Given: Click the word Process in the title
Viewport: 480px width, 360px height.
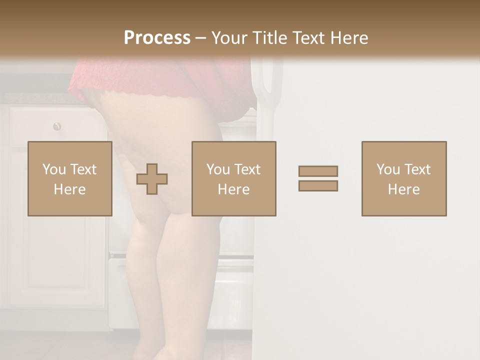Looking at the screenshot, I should click(157, 37).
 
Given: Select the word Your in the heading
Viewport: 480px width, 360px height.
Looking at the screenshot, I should click(229, 38).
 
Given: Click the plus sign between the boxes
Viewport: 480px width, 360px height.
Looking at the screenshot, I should click(152, 179).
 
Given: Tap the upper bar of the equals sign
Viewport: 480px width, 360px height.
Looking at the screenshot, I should click(318, 171).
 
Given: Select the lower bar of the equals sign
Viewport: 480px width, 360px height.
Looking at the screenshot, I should click(318, 186).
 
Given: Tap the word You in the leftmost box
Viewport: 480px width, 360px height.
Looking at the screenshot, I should click(54, 169).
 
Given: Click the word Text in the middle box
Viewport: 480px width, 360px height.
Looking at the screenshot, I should click(247, 169).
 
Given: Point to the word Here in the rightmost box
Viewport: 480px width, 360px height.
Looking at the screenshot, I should click(404, 189).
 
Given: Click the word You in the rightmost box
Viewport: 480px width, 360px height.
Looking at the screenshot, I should click(388, 169).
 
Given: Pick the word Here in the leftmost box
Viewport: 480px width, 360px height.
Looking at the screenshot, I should click(70, 189).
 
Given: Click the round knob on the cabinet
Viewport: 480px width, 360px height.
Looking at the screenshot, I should click(57, 126).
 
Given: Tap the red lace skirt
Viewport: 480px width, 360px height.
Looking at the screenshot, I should click(165, 80).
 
